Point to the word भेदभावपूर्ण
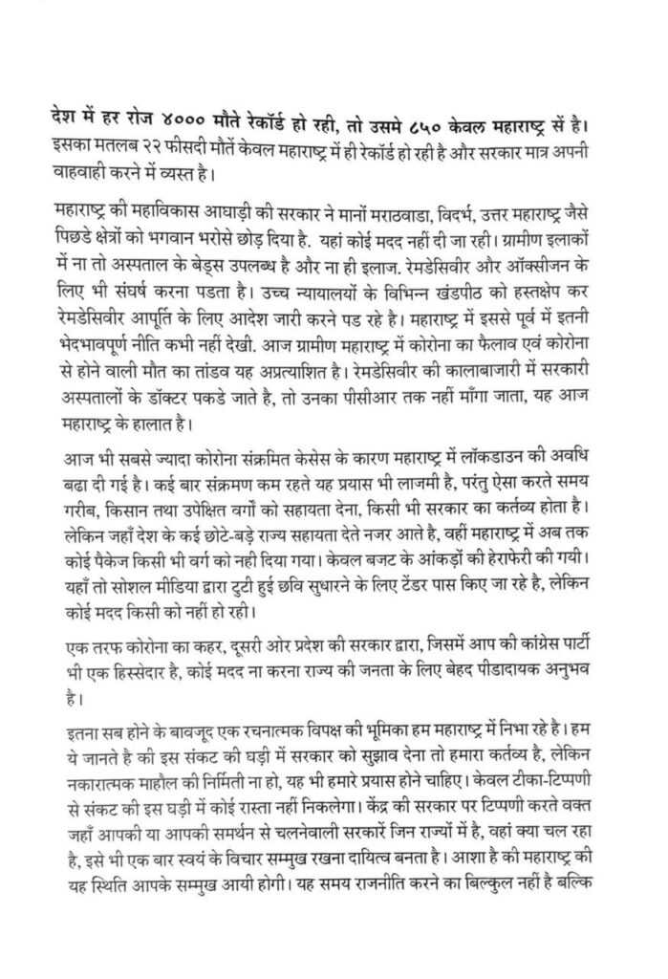(98, 338)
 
